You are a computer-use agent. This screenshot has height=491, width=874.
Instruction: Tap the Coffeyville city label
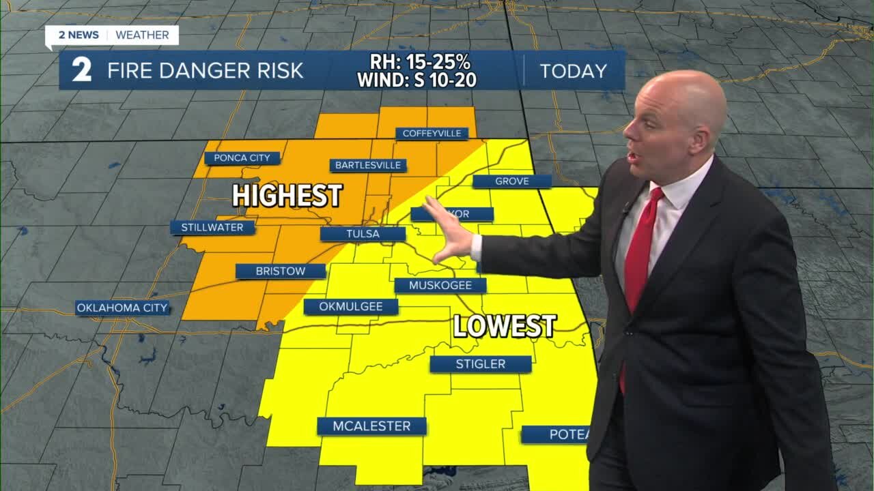pos(432,133)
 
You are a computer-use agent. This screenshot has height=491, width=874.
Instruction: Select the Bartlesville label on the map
pos(368,165)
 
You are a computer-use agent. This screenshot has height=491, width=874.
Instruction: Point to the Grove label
pos(511,181)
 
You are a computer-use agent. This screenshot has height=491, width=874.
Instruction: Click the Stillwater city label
pos(212,228)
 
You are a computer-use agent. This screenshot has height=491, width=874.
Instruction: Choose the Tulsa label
pos(363,234)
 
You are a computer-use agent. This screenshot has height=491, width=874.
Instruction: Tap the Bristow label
pos(281,271)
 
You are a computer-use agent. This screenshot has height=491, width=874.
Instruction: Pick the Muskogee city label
pos(440,285)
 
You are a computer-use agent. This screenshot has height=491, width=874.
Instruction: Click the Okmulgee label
pos(351,307)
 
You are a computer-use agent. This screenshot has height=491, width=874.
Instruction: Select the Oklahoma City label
pos(122,308)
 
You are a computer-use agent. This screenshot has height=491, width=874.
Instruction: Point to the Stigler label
pos(481,364)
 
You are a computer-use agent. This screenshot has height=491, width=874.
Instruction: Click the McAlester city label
pos(371,426)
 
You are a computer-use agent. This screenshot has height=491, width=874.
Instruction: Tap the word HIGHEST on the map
pos(287,196)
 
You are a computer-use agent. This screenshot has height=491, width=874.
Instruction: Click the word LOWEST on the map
pos(505,326)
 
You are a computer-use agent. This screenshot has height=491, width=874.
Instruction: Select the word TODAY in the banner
pos(573,71)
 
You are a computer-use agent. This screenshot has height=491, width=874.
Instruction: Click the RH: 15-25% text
pos(420,62)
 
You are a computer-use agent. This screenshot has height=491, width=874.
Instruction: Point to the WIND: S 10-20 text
pos(417,80)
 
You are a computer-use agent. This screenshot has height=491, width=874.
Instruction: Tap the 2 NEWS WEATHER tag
pos(112,35)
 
